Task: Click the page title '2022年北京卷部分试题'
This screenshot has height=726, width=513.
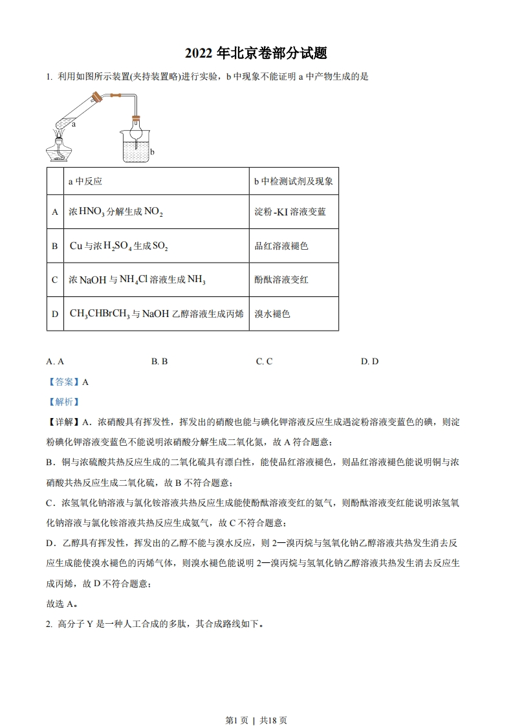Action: (256, 54)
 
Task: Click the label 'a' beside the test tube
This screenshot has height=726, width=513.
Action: (74, 124)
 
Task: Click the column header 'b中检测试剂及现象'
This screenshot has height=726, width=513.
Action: (293, 182)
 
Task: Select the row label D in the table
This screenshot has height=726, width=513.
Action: (55, 314)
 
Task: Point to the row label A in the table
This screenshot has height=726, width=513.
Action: (55, 212)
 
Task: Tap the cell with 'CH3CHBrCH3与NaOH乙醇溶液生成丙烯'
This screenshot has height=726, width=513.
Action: (157, 314)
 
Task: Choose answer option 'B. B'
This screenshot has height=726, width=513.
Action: (159, 362)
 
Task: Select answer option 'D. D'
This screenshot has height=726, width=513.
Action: (369, 362)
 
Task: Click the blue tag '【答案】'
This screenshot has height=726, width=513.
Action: (63, 382)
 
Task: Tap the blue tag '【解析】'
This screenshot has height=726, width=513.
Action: (63, 402)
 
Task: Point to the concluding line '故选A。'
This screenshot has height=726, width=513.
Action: (63, 604)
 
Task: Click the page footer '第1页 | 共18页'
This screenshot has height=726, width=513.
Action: (256, 702)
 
